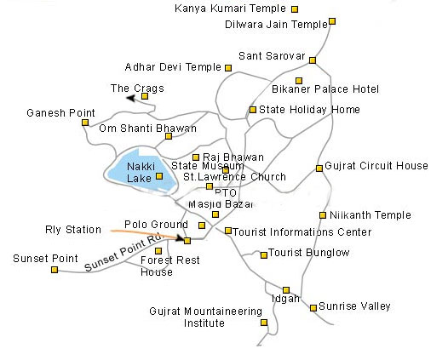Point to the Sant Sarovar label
coord(272,56)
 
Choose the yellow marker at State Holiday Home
coord(252,109)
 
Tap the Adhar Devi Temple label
coord(173,66)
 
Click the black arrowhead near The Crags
coord(130,100)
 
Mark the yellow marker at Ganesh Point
coord(85,123)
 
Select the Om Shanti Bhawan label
coord(147,129)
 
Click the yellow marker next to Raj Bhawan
coord(196,157)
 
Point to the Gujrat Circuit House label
coord(377,166)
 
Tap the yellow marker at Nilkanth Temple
coord(323,215)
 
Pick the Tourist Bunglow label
coord(309,253)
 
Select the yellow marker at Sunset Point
coord(55,270)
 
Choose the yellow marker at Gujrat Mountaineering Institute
coord(264,323)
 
